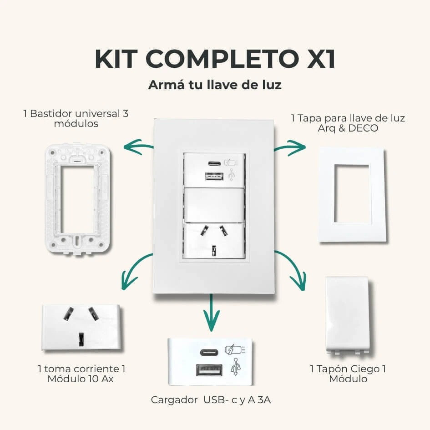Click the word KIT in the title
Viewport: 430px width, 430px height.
[116, 59]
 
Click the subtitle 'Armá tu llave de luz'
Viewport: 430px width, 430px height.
[215, 85]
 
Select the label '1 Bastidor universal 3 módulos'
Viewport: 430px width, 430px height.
[76, 118]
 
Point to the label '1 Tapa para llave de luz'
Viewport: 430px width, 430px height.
[348, 118]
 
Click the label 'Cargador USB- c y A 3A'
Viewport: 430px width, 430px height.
[211, 400]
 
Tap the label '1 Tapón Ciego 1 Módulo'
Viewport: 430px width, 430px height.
[348, 374]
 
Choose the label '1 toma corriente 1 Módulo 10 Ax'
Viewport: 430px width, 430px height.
[81, 374]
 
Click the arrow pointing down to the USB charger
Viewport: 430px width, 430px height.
[211, 313]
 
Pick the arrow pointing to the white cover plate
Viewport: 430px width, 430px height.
[290, 147]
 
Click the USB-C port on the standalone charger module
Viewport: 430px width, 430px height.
[209, 352]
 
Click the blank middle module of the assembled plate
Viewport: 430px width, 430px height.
[213, 205]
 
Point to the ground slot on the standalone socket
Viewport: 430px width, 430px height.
[81, 339]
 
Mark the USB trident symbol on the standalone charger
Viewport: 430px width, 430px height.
[235, 367]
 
